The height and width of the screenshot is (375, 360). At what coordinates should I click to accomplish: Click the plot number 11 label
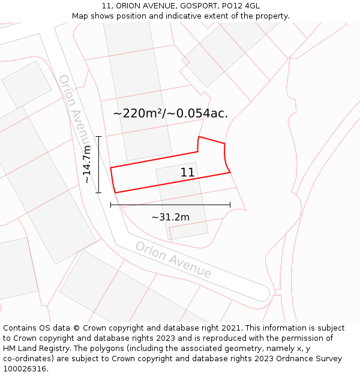click(187, 173)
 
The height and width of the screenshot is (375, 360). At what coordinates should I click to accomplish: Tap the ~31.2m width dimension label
click(170, 217)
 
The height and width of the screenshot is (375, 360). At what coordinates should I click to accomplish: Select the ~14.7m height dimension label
click(87, 164)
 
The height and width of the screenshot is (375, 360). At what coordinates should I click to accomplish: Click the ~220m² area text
click(137, 113)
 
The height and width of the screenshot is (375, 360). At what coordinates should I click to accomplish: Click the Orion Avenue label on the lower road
click(173, 260)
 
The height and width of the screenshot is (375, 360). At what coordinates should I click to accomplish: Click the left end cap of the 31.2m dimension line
click(110, 205)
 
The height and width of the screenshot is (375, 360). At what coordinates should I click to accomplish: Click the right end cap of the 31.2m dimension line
click(230, 205)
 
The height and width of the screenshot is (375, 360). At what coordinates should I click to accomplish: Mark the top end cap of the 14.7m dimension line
click(99, 137)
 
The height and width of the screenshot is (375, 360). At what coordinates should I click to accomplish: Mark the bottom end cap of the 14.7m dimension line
click(99, 193)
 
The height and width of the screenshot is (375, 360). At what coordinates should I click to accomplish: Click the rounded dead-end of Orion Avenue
click(262, 293)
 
